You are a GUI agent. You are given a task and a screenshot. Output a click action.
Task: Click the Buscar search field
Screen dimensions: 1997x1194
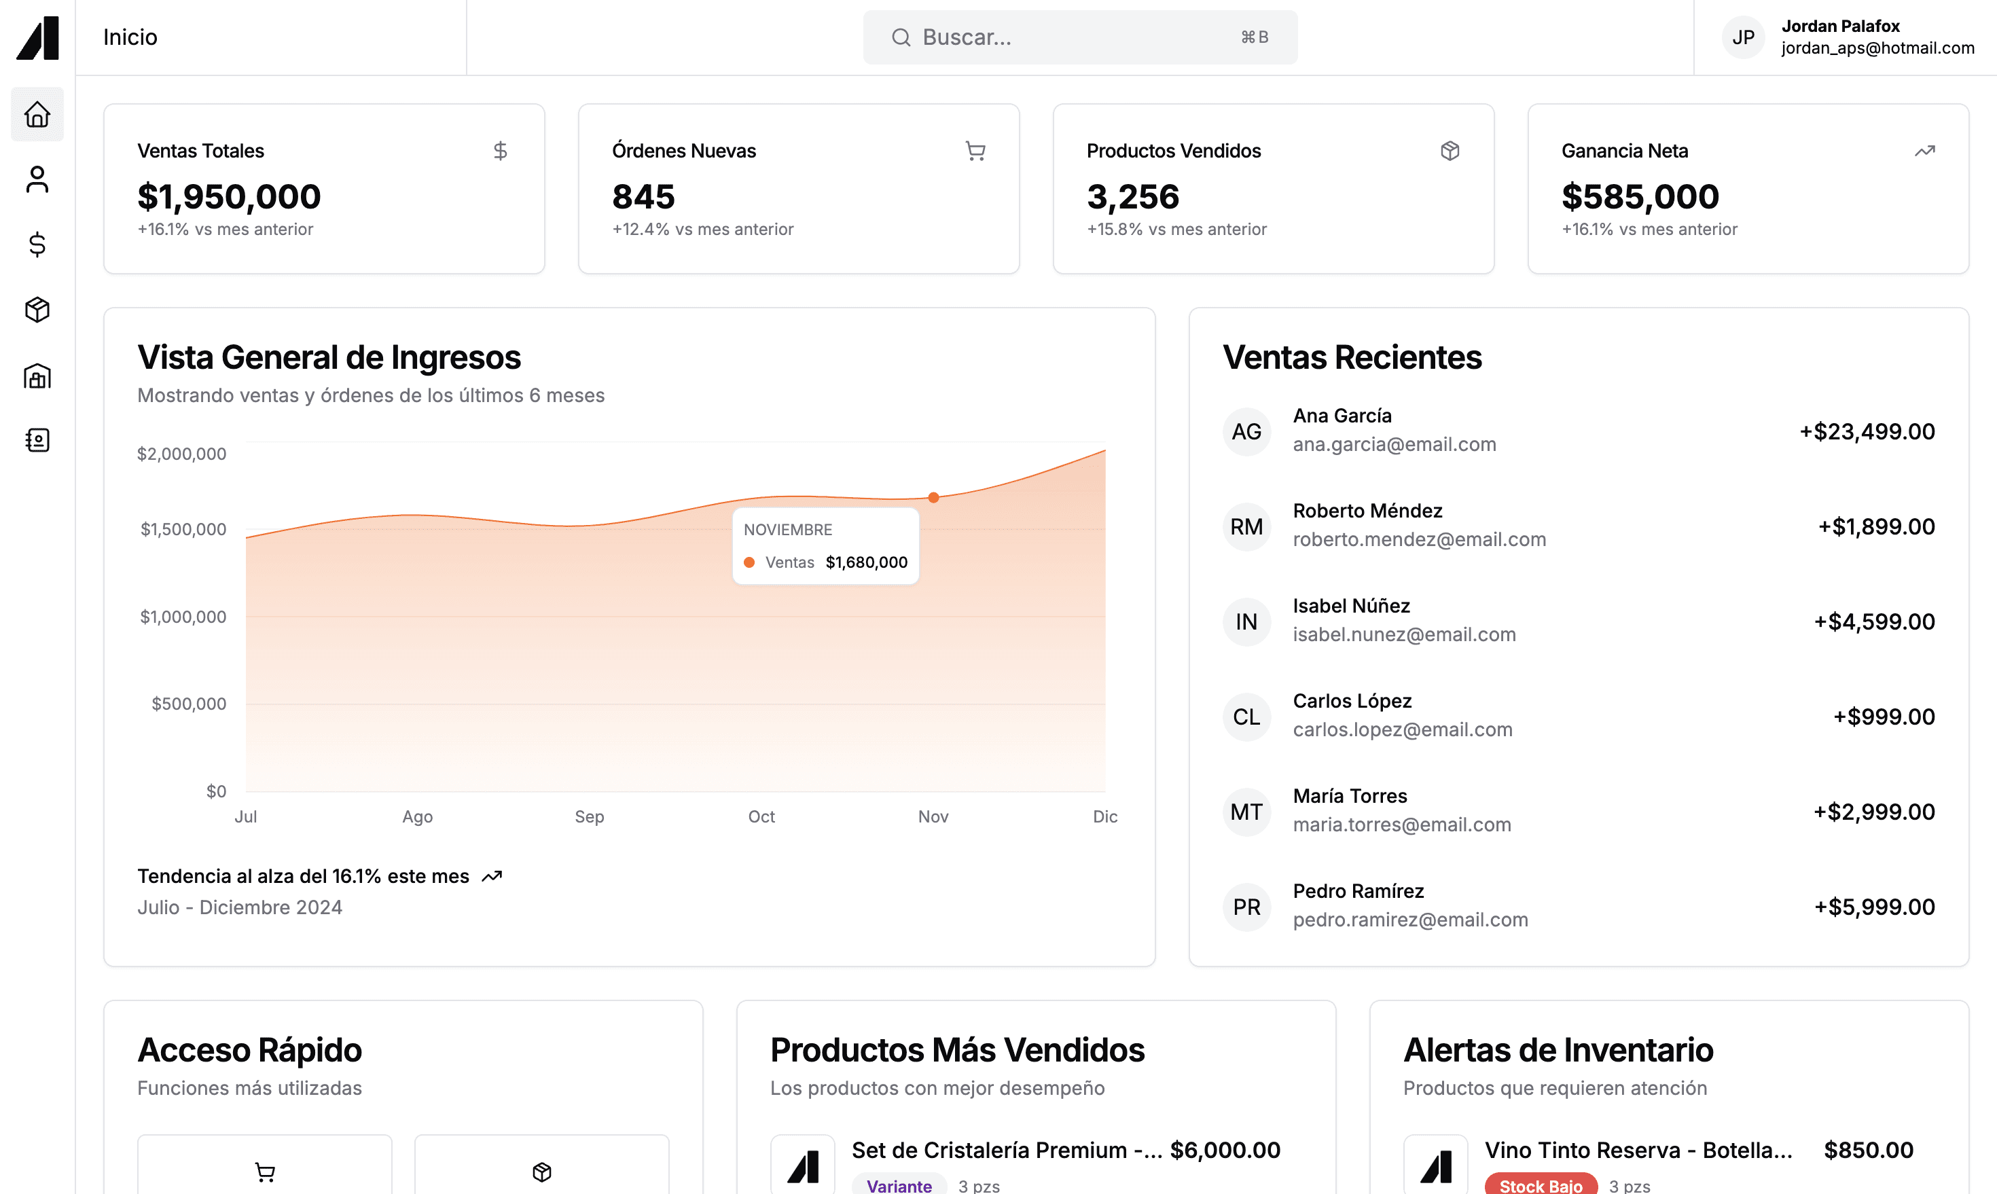click(x=1080, y=37)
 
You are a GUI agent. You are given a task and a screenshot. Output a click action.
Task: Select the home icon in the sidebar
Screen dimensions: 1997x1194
click(x=37, y=114)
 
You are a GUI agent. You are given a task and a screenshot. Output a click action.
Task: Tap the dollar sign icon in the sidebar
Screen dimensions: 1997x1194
click(x=37, y=245)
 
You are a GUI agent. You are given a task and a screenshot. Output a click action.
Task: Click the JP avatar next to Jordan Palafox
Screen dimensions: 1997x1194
click(x=1744, y=37)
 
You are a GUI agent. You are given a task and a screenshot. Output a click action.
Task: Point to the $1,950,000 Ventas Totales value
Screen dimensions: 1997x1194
click(x=230, y=196)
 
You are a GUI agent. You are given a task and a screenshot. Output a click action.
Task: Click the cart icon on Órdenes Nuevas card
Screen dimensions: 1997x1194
click(x=975, y=151)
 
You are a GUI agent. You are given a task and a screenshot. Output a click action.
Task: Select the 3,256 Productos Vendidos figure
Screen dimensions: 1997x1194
click(x=1133, y=196)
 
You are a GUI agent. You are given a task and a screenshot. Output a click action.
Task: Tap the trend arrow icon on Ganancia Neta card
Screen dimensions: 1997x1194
click(x=1924, y=151)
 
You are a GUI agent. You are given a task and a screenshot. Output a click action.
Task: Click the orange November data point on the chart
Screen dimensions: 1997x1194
click(x=933, y=498)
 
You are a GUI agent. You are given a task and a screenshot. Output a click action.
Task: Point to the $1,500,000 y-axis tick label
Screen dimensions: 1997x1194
click(x=183, y=529)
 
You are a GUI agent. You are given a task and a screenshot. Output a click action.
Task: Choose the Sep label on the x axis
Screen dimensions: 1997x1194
click(x=590, y=816)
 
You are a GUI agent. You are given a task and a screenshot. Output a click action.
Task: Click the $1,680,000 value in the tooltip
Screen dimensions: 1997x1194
click(x=867, y=562)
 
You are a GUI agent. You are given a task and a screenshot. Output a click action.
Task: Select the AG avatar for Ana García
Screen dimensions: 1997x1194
click(x=1247, y=432)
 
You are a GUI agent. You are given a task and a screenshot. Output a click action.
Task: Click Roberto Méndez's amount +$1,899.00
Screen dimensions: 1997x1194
click(x=1876, y=527)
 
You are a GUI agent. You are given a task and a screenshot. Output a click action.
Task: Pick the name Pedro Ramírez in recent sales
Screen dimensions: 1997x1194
click(x=1358, y=890)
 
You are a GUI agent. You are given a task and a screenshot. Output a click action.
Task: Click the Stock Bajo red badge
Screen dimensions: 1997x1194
click(x=1541, y=1185)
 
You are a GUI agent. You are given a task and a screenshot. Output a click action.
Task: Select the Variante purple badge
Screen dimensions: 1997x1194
click(x=899, y=1185)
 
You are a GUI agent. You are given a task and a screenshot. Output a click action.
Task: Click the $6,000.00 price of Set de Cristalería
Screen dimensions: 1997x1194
click(x=1225, y=1151)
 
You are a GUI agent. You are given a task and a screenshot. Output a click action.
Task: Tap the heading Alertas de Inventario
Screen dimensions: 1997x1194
click(x=1558, y=1050)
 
